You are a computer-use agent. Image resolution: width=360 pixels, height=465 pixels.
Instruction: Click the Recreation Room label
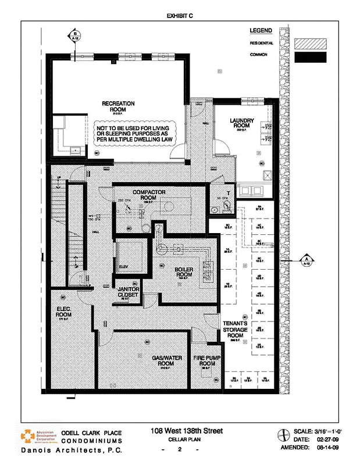coord(118,106)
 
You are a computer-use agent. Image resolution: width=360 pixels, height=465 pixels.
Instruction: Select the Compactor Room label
coord(149,195)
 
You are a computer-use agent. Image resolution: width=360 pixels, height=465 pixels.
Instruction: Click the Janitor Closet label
coord(128,292)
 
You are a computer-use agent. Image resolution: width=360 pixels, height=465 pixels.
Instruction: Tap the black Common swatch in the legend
coord(310,57)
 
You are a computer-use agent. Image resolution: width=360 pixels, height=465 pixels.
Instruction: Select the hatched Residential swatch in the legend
coord(310,43)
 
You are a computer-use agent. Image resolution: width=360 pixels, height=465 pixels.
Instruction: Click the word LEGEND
coord(261,30)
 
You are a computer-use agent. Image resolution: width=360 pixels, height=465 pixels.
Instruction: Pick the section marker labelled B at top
coord(75,37)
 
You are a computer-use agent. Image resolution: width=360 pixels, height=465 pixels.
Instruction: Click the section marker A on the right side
coord(305,260)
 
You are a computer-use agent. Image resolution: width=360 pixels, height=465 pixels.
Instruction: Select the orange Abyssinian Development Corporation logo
coord(28,437)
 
